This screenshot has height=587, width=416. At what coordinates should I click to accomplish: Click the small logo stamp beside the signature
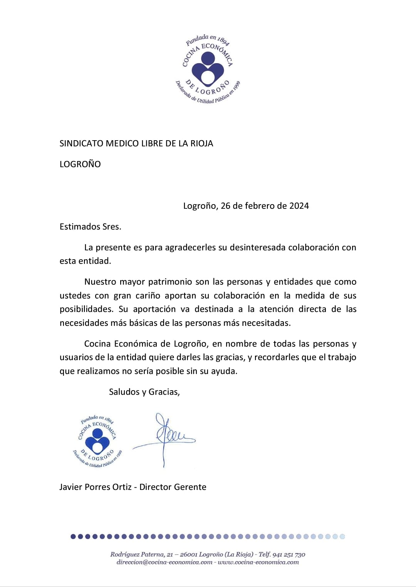pos(97,441)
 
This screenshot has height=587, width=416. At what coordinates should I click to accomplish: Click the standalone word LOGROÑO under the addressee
pos(80,164)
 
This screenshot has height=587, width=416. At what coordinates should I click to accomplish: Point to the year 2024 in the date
pos(299,206)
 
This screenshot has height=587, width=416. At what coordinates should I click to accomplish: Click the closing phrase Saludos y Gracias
pos(144,392)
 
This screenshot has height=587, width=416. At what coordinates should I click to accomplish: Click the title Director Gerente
pos(173,487)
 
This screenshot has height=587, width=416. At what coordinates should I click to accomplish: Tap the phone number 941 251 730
pos(289,554)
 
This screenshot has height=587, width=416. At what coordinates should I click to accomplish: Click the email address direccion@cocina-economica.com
pos(164,562)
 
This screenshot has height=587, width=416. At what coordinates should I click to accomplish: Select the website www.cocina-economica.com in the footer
pos(258,562)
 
